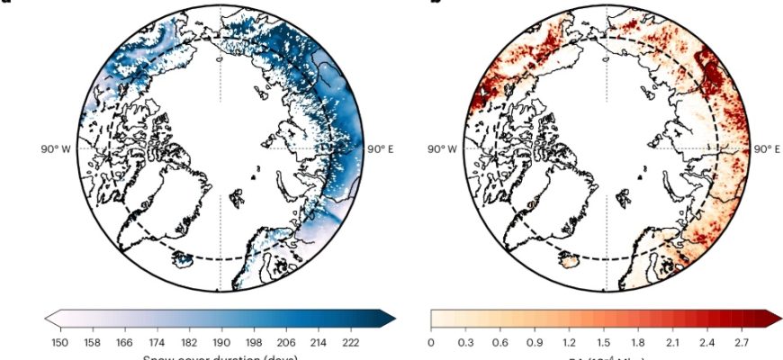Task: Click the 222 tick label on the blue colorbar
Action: pyautogui.click(x=352, y=342)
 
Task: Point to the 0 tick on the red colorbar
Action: pyautogui.click(x=431, y=342)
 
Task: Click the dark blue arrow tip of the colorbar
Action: pyautogui.click(x=389, y=317)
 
